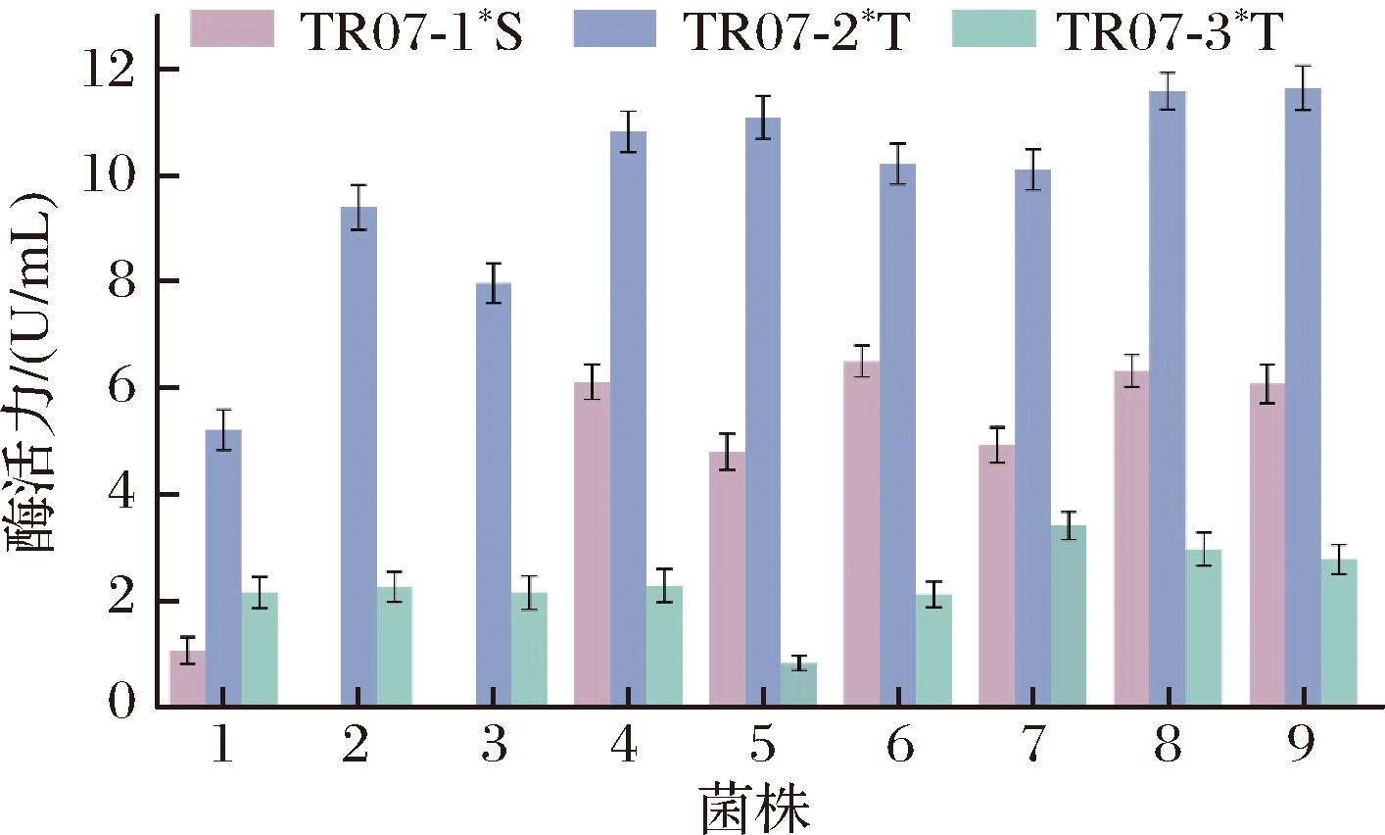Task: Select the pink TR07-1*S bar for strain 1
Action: point(187,677)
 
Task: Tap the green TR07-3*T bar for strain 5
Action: point(798,684)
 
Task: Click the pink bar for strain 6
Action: point(861,533)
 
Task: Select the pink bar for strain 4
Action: point(592,544)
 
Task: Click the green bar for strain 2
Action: point(394,646)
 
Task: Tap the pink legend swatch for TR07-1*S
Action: point(230,30)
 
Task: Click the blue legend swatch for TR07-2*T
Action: point(614,30)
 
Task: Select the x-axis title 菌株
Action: point(754,809)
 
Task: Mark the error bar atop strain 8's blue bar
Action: point(1167,91)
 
